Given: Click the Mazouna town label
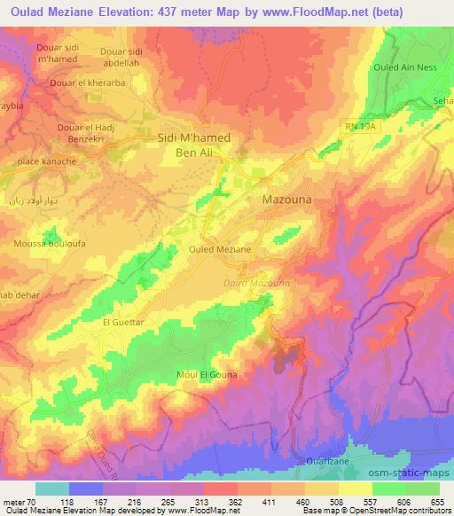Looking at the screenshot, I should coord(287,200).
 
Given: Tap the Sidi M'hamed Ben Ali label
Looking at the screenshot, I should coord(193,145).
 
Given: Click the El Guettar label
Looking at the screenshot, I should coord(122,323).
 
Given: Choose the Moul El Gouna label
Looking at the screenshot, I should coord(207,375).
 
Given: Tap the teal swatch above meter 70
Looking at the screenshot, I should coord(51,489).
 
